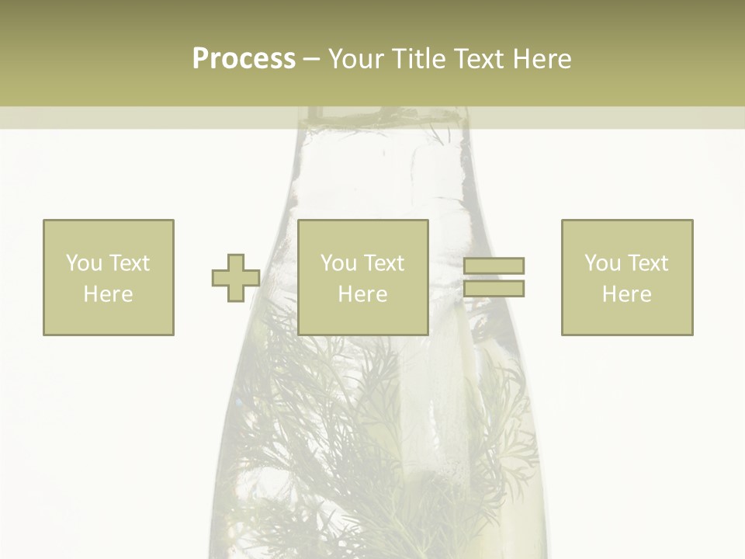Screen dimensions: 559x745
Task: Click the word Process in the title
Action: click(244, 58)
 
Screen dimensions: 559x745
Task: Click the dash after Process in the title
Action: click(311, 59)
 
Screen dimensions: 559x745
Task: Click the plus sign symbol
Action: click(236, 278)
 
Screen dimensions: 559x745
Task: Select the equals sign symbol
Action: click(494, 277)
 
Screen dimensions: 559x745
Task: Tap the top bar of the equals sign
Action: click(494, 266)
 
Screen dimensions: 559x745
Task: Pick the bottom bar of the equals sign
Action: click(494, 288)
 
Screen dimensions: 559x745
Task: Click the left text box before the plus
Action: click(109, 277)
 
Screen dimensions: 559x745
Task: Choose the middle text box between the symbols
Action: click(363, 277)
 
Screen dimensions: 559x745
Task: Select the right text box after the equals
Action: click(627, 277)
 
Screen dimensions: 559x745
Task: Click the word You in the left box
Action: click(84, 263)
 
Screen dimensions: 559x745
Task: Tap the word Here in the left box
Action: click(108, 294)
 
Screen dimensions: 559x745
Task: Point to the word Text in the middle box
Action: click(384, 263)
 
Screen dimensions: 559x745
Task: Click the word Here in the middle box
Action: click(362, 294)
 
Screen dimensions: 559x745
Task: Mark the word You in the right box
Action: click(602, 263)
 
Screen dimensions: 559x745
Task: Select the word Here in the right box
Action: click(626, 294)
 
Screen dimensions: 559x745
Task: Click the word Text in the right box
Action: click(648, 263)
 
